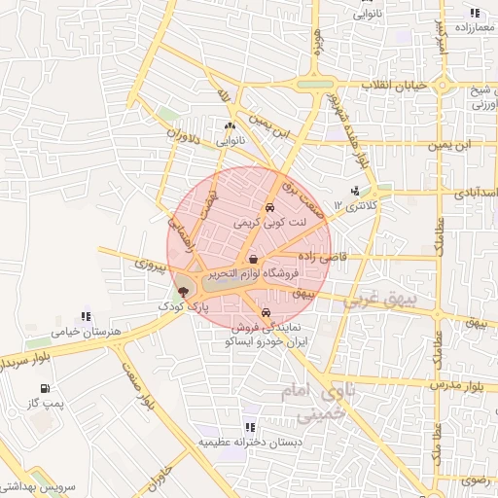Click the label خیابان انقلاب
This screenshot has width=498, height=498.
[395, 87]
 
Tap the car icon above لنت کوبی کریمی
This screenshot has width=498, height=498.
[269, 208]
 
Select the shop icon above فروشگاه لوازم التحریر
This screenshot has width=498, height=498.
[254, 260]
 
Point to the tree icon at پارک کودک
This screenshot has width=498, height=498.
[184, 292]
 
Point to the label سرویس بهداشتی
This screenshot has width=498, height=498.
[40, 485]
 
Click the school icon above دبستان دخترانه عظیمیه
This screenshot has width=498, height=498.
[251, 427]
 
